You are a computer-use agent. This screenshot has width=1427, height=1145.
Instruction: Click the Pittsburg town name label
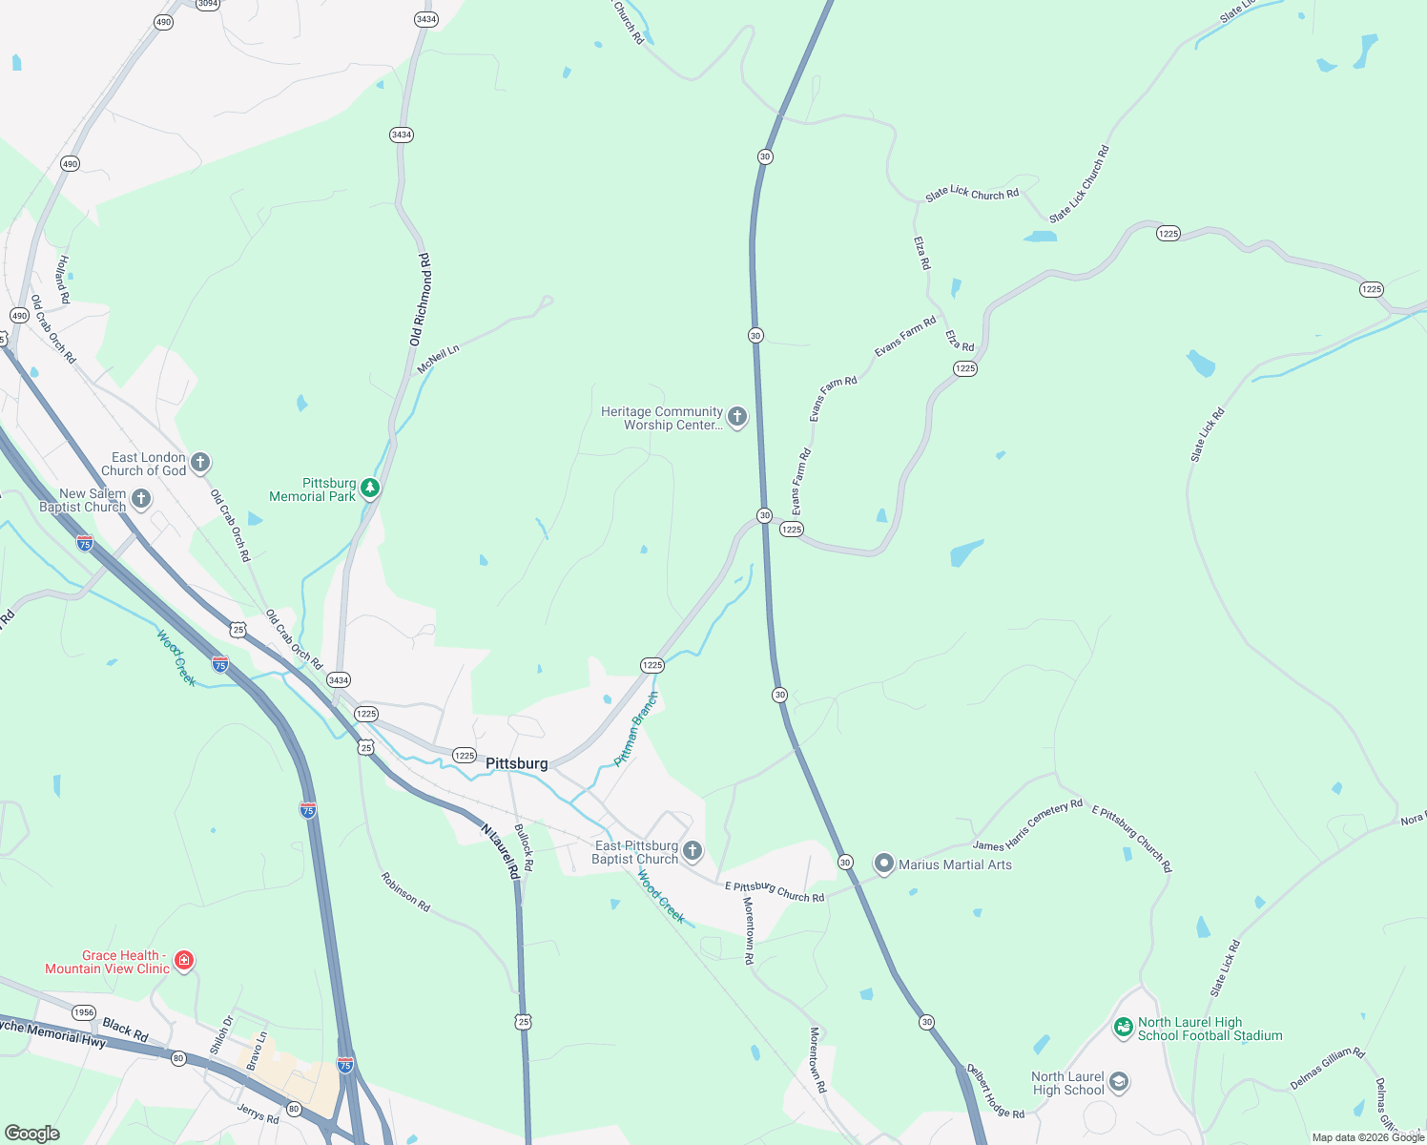517,763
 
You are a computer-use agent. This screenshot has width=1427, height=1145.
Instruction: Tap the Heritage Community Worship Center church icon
737,417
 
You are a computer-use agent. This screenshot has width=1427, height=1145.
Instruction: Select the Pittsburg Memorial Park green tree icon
370,489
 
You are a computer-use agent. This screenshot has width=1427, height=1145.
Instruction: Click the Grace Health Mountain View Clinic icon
184,961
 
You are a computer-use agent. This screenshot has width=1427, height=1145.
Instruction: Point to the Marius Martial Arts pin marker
884,864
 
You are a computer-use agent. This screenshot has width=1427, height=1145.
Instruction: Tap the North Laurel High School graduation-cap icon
1120,1082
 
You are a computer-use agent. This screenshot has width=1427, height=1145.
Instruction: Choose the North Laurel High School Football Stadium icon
1124,1027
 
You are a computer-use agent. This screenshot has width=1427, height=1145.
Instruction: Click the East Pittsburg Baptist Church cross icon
693,851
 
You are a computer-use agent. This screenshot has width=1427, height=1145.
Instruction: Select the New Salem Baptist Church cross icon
141,499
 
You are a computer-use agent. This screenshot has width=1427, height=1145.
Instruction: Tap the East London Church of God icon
199,463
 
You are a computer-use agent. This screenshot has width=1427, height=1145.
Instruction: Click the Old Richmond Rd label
421,300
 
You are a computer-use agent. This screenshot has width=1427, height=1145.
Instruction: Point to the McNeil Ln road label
438,359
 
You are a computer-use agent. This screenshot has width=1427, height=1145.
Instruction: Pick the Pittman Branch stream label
636,730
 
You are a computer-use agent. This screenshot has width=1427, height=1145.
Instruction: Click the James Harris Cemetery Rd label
1027,825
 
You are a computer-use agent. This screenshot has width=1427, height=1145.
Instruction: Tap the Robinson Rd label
405,892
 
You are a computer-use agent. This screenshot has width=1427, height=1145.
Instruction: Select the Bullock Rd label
524,847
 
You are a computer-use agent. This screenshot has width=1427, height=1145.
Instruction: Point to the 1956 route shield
84,1012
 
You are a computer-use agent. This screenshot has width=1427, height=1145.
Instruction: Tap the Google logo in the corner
32,1134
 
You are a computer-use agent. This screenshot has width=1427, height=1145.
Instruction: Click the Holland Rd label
63,280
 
